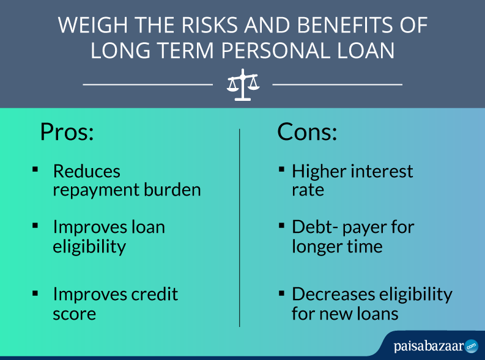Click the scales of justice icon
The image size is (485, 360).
pyautogui.click(x=243, y=85)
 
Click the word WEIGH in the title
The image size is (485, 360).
pyautogui.click(x=92, y=25)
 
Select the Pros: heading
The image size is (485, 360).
pyautogui.click(x=67, y=132)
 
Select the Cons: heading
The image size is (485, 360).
pyautogui.click(x=307, y=132)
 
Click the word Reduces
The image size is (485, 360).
pyautogui.click(x=87, y=171)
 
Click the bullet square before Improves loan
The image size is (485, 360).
pyautogui.click(x=35, y=226)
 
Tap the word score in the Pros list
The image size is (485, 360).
pyautogui.click(x=74, y=314)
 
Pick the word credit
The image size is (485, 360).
pyautogui.click(x=154, y=294)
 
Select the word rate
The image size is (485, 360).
pyautogui.click(x=308, y=190)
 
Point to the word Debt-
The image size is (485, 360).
pyautogui.click(x=315, y=227)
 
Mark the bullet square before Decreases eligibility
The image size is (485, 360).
pyautogui.click(x=281, y=293)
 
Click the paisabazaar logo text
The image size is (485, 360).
pyautogui.click(x=429, y=347)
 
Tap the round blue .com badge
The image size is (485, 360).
pyautogui.click(x=472, y=346)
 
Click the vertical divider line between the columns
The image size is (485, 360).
pyautogui.click(x=239, y=228)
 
